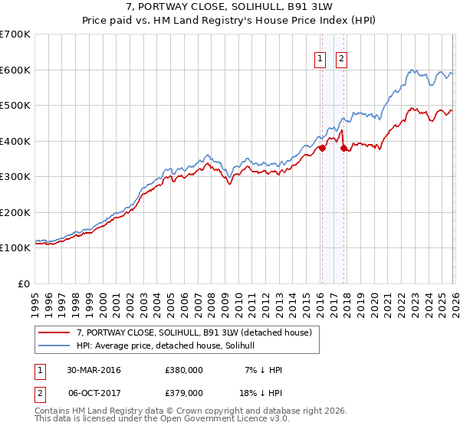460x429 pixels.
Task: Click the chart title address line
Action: [229, 7]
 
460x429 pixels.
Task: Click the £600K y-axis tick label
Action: [15, 70]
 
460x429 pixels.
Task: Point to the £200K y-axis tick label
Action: [15, 212]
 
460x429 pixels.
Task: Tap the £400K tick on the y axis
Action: [15, 141]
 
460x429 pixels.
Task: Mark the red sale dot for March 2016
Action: [322, 149]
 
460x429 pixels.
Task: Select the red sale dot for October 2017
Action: [343, 149]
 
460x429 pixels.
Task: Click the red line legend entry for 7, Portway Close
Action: [193, 333]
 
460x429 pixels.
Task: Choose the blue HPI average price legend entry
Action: [170, 345]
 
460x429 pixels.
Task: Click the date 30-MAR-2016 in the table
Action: [94, 370]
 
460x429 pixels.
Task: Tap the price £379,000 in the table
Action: [184, 392]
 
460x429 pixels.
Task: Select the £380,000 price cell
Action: [184, 370]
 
